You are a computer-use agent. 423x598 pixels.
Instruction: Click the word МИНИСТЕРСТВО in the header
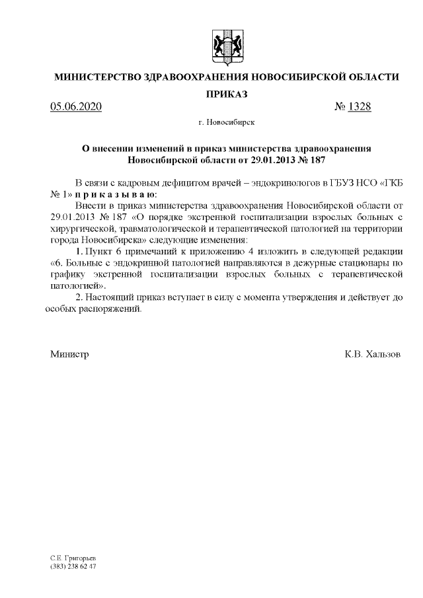97,77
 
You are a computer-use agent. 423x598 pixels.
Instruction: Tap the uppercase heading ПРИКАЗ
226,95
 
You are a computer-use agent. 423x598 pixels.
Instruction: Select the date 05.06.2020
76,108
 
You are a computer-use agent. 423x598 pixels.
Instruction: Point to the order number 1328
358,108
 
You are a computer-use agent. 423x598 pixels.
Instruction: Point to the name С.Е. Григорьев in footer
73,559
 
